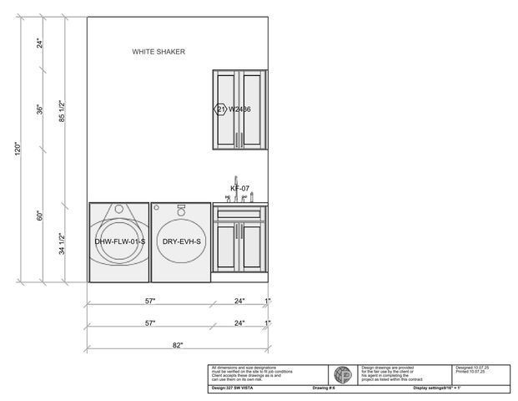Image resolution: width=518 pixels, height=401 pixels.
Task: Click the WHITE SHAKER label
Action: point(158,52)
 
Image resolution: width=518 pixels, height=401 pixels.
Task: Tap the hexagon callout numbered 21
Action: point(221,109)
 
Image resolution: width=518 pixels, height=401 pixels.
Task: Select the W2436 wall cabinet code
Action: point(240,109)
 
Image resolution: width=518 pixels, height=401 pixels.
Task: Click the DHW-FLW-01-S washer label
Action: point(120,241)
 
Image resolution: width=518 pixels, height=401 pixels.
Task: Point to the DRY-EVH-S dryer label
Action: point(182,241)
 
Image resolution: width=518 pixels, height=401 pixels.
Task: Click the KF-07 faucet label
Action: point(240,189)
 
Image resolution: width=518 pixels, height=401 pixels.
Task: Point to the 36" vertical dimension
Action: point(39,110)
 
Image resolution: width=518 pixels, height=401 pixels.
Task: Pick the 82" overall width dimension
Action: point(178,345)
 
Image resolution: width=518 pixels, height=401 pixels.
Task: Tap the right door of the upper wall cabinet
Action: point(252,109)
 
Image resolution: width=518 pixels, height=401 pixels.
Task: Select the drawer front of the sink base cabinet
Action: point(239,214)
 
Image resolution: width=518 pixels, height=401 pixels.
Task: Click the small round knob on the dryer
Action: point(181,210)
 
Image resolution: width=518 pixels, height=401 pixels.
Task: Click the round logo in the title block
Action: point(343,375)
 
